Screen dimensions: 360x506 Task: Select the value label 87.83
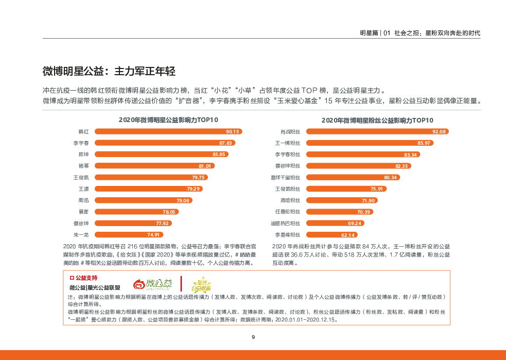click(226, 143)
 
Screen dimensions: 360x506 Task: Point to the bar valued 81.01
click(154, 166)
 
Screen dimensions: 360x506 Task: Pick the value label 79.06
click(183, 200)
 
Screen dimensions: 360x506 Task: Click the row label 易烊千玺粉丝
click(286, 177)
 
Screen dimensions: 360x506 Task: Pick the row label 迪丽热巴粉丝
click(286, 223)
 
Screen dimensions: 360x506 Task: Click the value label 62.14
click(348, 235)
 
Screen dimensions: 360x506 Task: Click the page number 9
click(253, 337)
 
